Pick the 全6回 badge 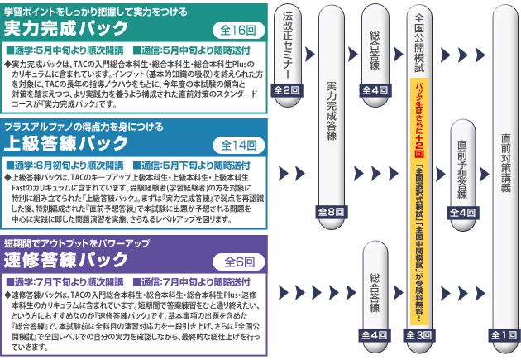239,261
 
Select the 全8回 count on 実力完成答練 331,212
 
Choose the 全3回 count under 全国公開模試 419,334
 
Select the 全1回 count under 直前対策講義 506,334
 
